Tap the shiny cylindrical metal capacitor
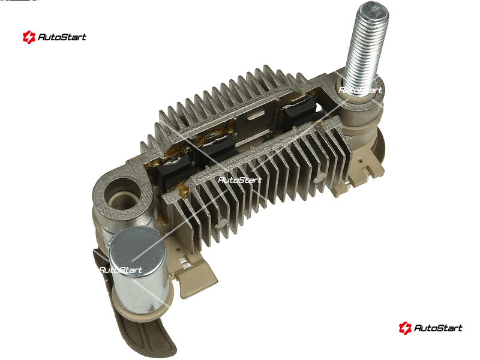(139, 271)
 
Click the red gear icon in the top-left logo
(29, 37)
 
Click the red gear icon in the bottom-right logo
(405, 328)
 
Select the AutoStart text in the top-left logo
(62, 37)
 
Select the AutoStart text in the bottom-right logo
(438, 328)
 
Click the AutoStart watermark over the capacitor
(121, 270)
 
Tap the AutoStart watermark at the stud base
(361, 89)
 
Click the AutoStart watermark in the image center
(240, 179)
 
